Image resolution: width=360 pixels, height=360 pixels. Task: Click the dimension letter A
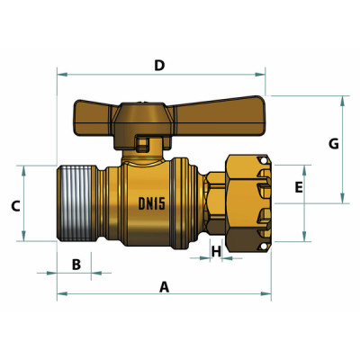(x=164, y=286)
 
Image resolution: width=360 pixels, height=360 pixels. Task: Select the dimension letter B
(x=76, y=264)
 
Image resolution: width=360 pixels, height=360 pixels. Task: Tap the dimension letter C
(x=15, y=205)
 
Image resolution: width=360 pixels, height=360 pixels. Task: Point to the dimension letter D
(x=159, y=65)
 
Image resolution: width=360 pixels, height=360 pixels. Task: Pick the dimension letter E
(x=299, y=187)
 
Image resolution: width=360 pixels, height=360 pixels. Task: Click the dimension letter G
(x=333, y=144)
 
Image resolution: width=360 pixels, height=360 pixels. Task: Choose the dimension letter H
(x=216, y=251)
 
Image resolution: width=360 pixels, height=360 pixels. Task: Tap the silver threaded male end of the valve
(x=78, y=202)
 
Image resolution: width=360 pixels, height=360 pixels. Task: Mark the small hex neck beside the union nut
(x=214, y=202)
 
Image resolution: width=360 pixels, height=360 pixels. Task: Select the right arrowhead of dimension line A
(x=267, y=294)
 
